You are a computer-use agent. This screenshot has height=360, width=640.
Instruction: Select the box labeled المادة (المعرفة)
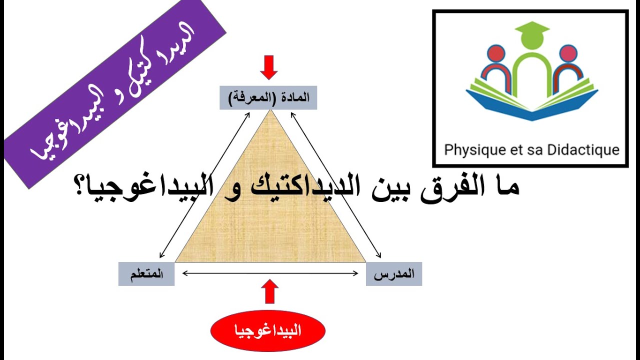click(268, 98)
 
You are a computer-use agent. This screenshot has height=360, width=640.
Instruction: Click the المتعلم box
click(146, 274)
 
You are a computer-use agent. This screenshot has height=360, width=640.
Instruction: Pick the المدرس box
click(394, 274)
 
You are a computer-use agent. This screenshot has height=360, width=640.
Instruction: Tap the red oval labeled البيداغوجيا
click(268, 331)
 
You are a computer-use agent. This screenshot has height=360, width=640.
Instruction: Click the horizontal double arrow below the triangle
click(270, 273)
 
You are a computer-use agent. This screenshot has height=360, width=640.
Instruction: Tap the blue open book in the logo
click(531, 105)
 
